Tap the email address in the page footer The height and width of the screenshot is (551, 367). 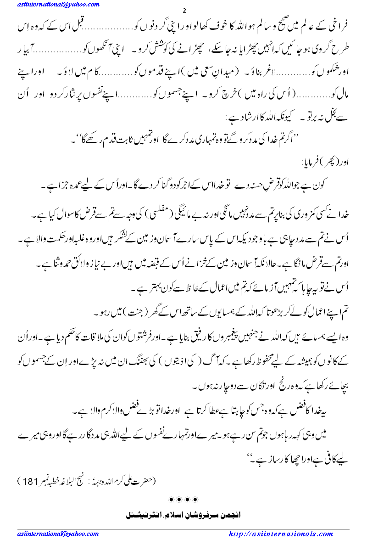(58, 534)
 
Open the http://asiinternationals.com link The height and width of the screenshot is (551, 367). (281, 534)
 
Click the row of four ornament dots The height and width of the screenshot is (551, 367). (183, 499)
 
